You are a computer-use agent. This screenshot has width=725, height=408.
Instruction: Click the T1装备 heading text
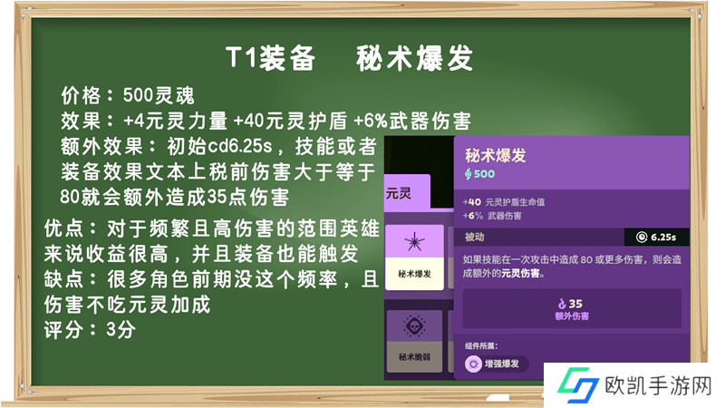click(x=270, y=58)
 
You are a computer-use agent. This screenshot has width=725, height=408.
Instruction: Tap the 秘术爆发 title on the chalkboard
click(x=414, y=58)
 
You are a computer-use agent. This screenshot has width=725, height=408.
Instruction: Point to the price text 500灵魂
click(x=159, y=96)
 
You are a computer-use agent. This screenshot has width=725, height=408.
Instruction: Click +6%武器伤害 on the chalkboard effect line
click(x=412, y=121)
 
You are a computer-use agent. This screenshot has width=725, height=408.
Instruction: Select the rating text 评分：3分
click(x=90, y=330)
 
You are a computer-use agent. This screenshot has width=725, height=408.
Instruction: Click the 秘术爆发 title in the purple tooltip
click(x=496, y=155)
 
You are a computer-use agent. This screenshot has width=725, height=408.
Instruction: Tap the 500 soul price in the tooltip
click(x=479, y=174)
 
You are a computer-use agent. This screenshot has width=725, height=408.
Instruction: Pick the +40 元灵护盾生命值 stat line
click(x=504, y=202)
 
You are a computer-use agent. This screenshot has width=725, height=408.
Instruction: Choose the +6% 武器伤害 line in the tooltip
click(x=492, y=216)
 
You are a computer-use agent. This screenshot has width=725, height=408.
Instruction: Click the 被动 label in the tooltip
click(x=474, y=237)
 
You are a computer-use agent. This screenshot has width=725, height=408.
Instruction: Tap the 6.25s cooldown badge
click(x=656, y=238)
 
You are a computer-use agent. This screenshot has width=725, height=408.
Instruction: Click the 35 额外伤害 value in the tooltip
click(x=572, y=309)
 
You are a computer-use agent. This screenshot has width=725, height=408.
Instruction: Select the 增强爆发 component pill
click(x=496, y=364)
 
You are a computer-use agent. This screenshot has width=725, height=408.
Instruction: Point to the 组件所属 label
click(x=481, y=346)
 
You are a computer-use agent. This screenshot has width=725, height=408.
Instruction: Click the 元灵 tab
click(x=407, y=192)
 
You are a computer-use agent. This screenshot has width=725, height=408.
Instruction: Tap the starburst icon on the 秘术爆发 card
click(x=414, y=241)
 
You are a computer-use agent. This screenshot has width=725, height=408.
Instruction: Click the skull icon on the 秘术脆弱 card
click(x=414, y=326)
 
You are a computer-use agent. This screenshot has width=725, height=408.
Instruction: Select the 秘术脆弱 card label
click(x=414, y=356)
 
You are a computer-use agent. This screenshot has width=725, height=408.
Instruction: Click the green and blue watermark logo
click(x=578, y=384)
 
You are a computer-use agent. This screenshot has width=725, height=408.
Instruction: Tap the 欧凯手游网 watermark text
click(x=658, y=386)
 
